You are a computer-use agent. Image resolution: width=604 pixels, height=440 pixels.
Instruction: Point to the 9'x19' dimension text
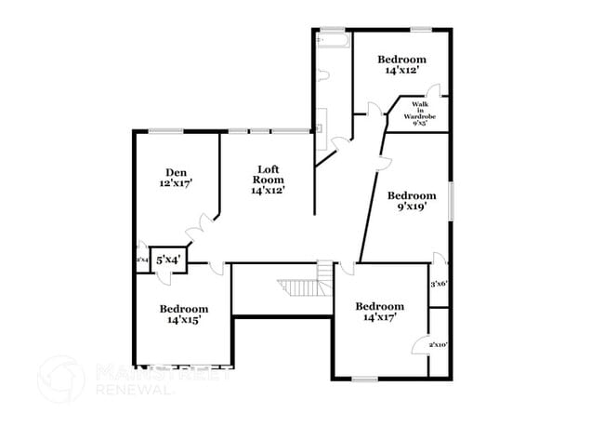coord(411,208)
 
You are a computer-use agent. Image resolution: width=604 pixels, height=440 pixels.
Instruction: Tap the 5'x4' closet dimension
coord(167,260)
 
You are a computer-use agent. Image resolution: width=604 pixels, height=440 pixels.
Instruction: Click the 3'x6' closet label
coord(439,284)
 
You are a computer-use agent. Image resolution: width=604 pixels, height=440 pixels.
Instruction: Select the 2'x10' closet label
coord(439,345)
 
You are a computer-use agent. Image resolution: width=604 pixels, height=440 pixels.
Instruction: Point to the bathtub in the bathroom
coord(332,41)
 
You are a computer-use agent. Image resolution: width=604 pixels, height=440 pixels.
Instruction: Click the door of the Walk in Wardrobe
coord(434,92)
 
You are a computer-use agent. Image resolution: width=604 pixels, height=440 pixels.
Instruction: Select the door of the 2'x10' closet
coord(420,344)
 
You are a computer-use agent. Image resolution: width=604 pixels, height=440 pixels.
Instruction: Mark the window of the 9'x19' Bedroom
coord(452,201)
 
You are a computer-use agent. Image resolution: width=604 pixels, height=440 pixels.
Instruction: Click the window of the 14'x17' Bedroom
coord(364,379)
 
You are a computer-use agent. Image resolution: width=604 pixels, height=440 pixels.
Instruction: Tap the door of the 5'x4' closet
coord(186,265)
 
